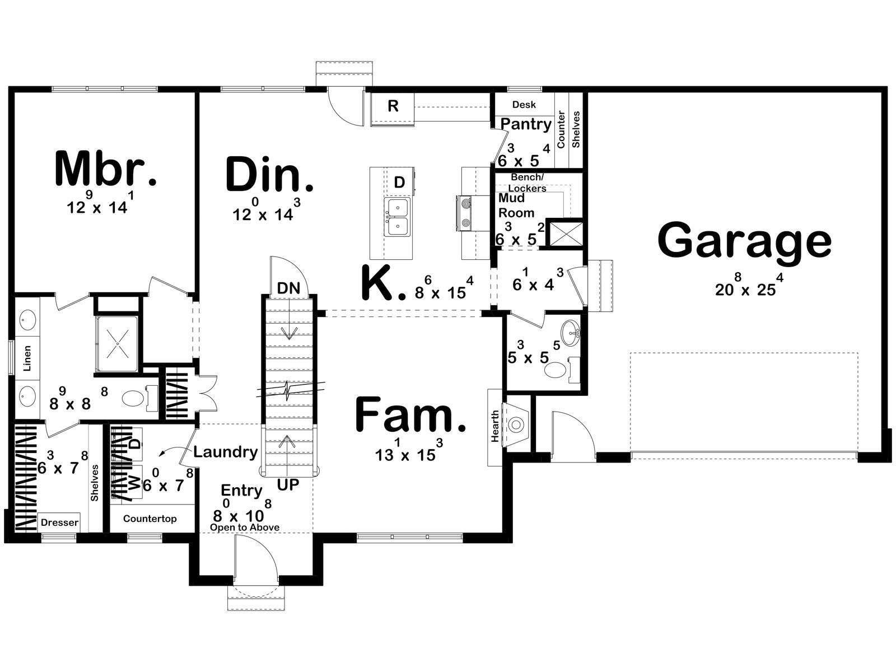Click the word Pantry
[526, 124]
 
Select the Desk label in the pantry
[524, 105]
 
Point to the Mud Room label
[516, 205]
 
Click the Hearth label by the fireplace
[494, 426]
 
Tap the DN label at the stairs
[288, 288]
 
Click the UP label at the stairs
[288, 485]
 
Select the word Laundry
[225, 452]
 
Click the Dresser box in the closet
[59, 522]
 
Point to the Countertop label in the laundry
[150, 519]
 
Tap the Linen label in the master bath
[27, 358]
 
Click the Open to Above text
[245, 528]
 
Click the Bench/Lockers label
[527, 183]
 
